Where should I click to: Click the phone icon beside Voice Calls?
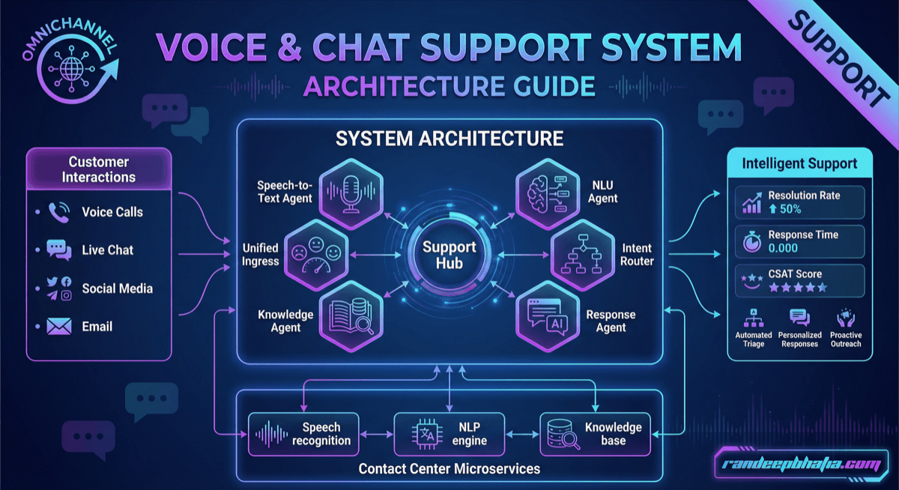(58, 212)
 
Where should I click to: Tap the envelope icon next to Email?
(58, 327)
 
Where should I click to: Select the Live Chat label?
(107, 250)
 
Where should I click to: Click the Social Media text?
(117, 288)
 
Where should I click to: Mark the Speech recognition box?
(304, 434)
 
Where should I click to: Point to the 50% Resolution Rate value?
(784, 209)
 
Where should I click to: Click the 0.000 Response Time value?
(783, 248)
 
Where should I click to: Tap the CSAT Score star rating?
(797, 287)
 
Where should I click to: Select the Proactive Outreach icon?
(846, 318)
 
